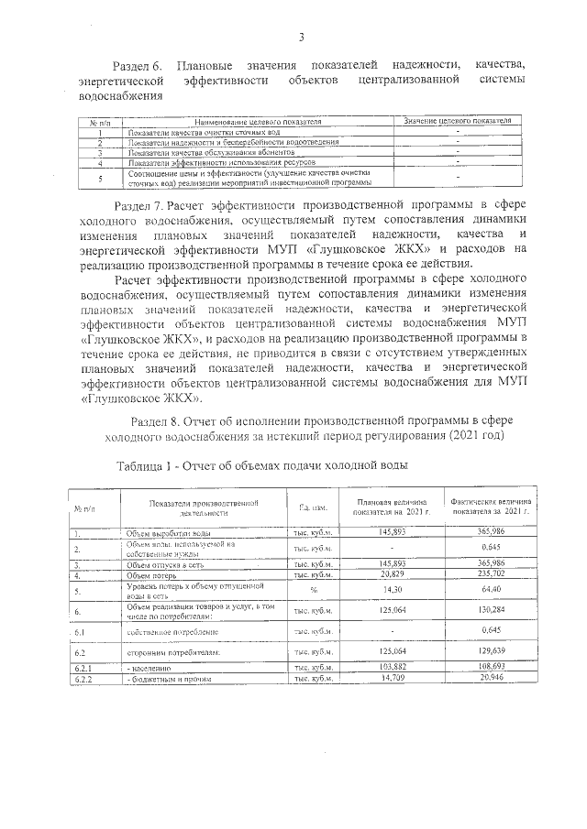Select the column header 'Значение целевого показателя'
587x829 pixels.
tap(457, 121)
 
